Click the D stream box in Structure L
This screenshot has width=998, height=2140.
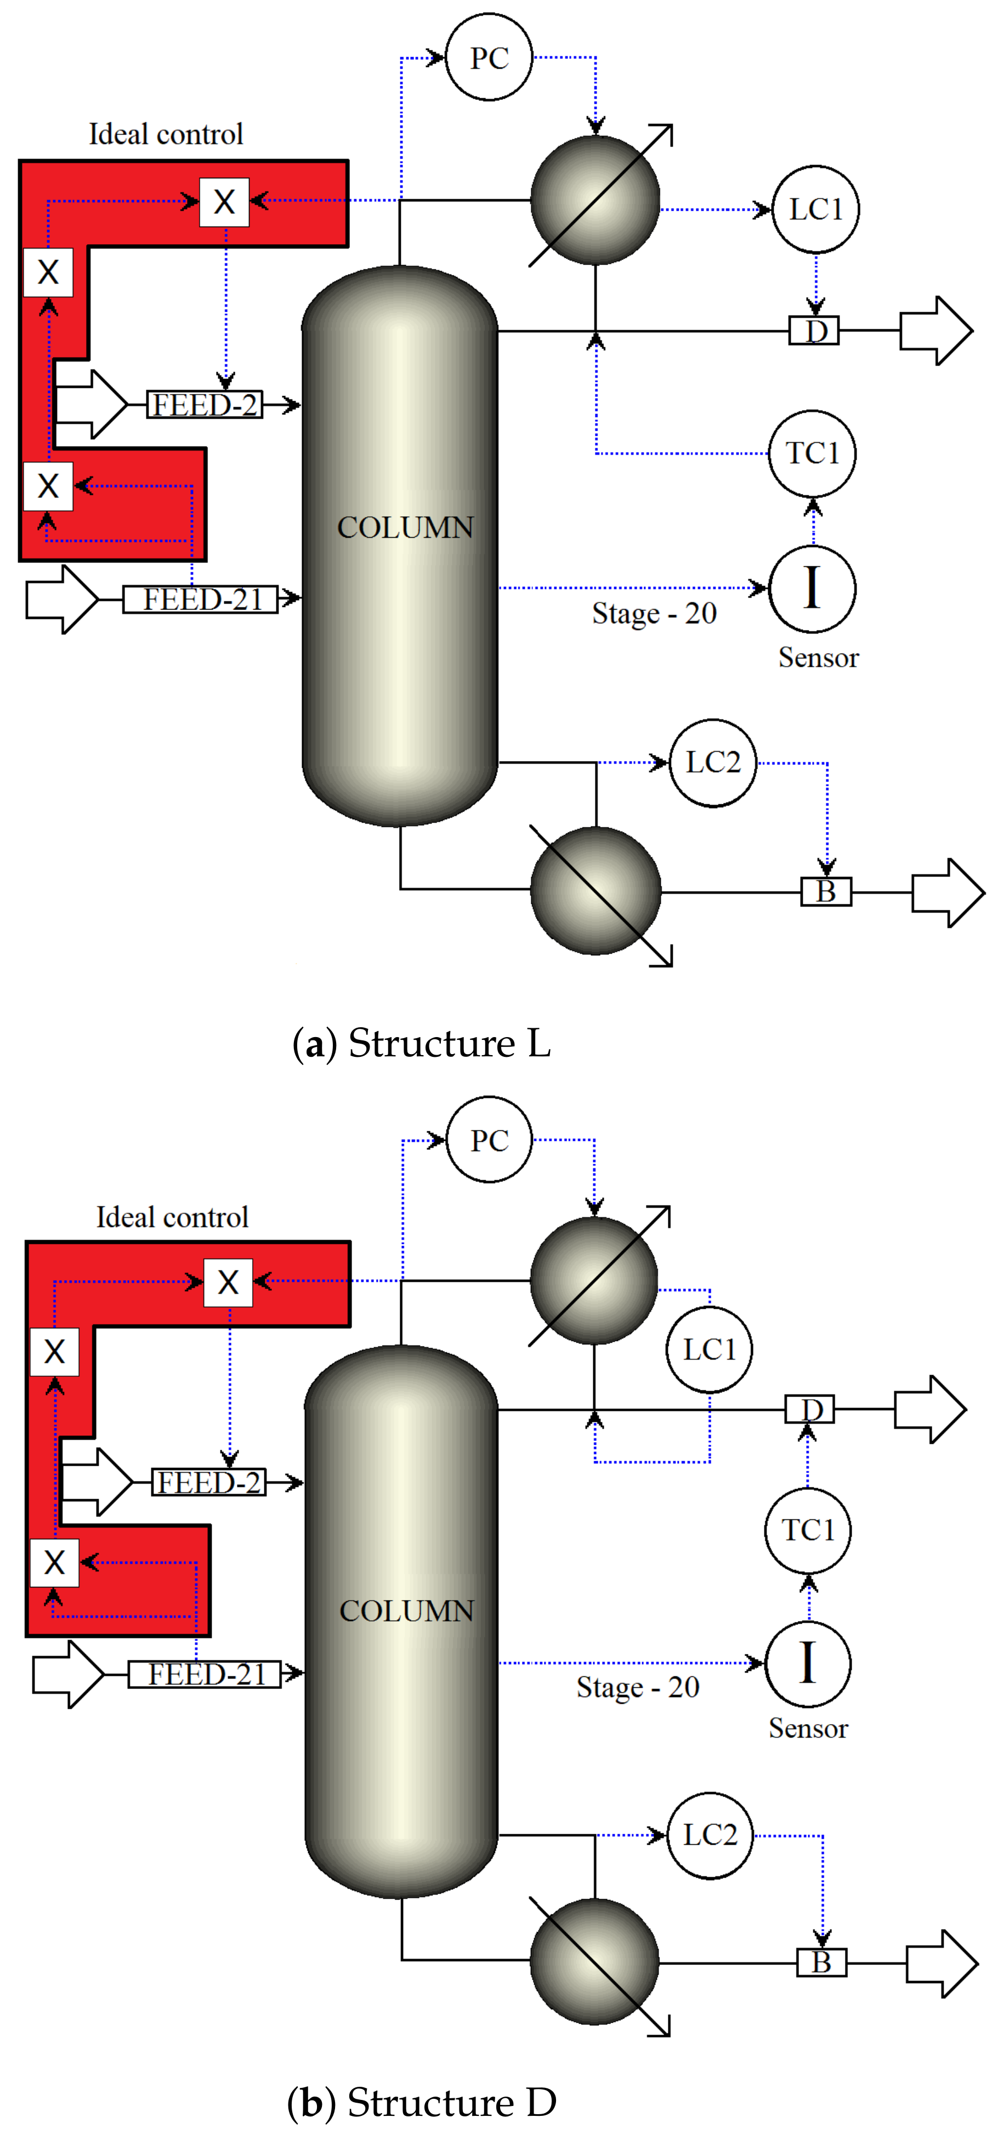(x=814, y=331)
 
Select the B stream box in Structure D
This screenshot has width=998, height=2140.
(x=821, y=1962)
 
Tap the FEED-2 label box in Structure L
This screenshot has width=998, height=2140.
(x=204, y=404)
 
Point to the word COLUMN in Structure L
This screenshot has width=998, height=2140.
(x=405, y=527)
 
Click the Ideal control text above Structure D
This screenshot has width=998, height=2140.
(x=172, y=1217)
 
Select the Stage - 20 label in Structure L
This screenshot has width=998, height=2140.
(x=654, y=613)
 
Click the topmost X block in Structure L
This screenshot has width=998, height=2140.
(x=224, y=201)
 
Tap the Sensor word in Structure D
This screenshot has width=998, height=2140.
(x=808, y=1728)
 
